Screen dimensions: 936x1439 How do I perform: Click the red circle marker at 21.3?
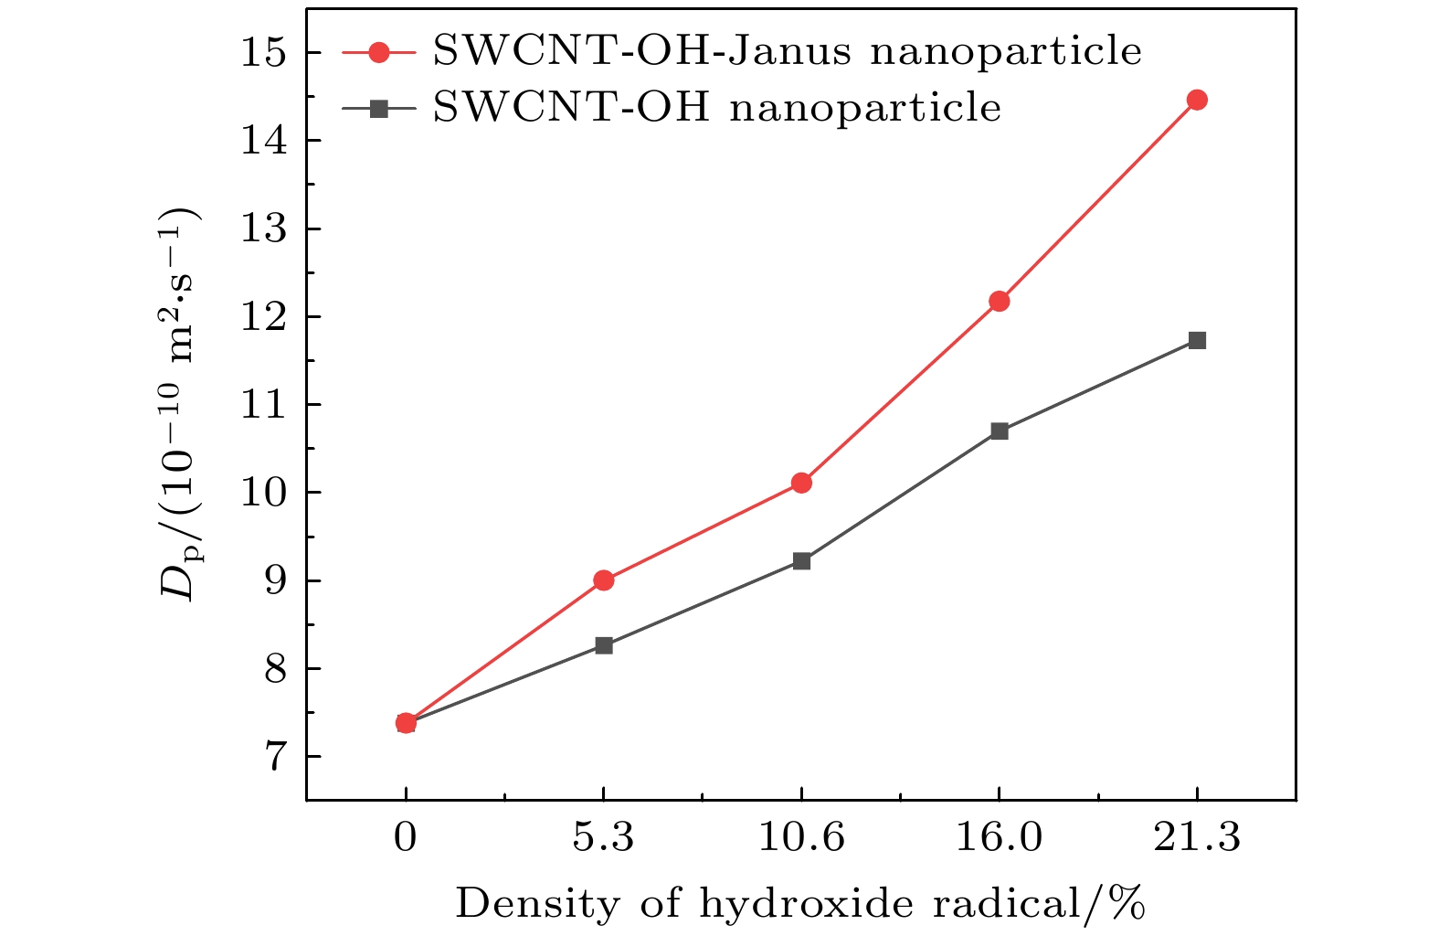(1197, 100)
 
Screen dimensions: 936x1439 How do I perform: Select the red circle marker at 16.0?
(999, 301)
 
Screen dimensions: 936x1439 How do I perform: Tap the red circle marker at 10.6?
(801, 483)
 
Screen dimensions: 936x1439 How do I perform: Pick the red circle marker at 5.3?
(603, 580)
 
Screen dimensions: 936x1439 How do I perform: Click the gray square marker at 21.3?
(1197, 340)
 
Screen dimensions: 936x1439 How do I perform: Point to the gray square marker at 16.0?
(999, 431)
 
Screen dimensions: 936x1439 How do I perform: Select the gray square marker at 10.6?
(801, 560)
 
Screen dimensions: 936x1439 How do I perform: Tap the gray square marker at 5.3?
(603, 645)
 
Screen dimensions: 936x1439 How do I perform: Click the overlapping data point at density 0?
(406, 723)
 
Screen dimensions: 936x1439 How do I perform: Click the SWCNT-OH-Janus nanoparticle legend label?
(787, 52)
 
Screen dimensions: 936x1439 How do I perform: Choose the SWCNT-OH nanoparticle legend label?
(716, 108)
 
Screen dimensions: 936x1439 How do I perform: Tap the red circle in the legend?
(378, 52)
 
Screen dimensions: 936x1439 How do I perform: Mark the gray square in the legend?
(378, 109)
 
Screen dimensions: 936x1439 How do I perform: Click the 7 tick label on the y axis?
(274, 757)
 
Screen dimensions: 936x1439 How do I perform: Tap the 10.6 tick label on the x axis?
(801, 837)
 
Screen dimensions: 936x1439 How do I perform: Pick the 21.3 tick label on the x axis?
(1197, 837)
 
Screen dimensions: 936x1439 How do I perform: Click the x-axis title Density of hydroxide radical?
(800, 904)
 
